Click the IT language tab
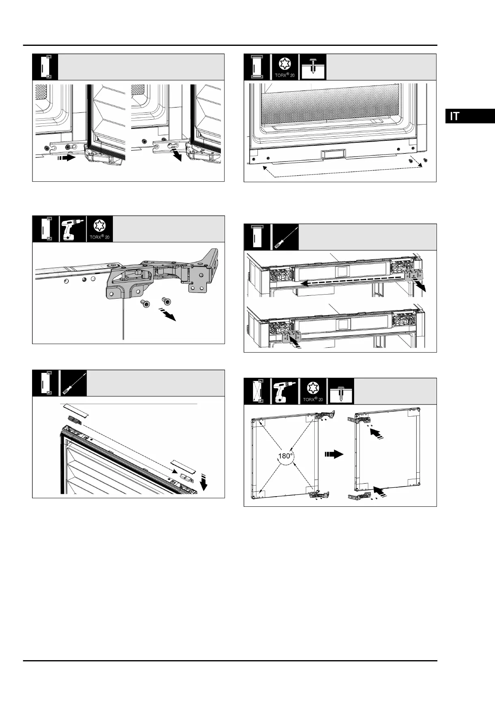[x=470, y=116]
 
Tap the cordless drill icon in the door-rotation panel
[x=284, y=391]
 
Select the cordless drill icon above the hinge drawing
[x=73, y=228]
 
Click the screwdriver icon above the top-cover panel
[x=73, y=383]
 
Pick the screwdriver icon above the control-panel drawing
[x=284, y=237]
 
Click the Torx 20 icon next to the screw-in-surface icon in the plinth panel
[x=284, y=67]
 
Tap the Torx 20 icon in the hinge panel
[x=99, y=228]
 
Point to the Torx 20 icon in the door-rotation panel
[x=312, y=391]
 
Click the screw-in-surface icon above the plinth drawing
[x=312, y=67]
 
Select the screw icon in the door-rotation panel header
[x=341, y=391]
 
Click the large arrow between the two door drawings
[x=334, y=455]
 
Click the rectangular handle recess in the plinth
[x=333, y=154]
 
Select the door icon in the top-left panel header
[x=45, y=67]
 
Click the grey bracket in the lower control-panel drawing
[x=290, y=336]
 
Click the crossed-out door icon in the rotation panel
[x=257, y=391]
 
